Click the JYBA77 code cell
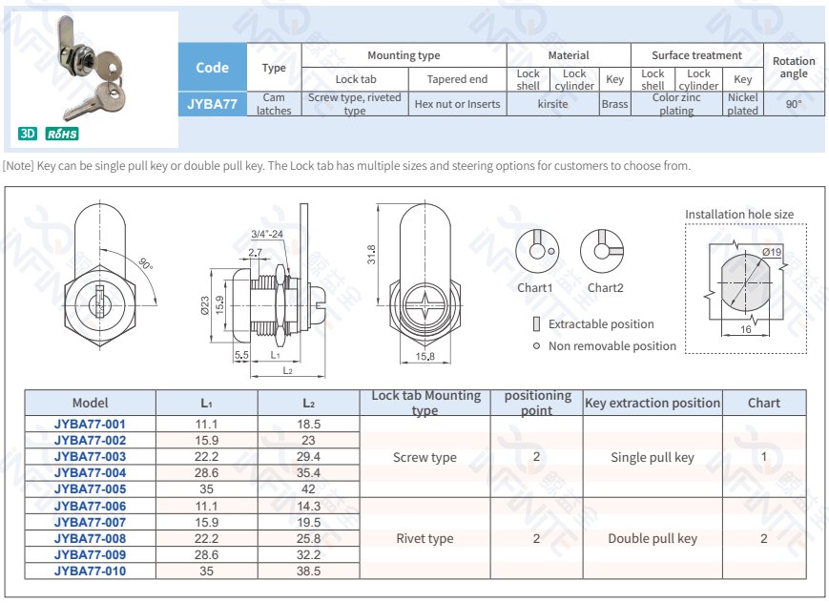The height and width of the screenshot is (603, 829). click(212, 103)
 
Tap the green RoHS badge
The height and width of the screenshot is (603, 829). click(62, 134)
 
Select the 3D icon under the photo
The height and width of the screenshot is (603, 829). click(28, 134)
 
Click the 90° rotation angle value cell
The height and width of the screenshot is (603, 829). click(794, 103)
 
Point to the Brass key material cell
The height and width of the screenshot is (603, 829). click(614, 104)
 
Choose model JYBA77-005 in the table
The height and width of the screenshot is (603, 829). click(90, 489)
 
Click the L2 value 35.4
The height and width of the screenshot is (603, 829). click(308, 473)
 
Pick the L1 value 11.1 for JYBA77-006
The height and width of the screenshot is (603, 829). click(207, 506)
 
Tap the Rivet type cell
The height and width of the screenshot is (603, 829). click(425, 539)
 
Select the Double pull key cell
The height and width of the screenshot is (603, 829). click(653, 539)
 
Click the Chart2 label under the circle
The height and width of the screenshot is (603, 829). click(605, 287)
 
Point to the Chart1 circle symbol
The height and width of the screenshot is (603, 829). click(534, 250)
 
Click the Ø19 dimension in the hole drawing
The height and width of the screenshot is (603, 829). click(772, 252)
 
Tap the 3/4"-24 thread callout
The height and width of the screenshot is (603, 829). click(267, 233)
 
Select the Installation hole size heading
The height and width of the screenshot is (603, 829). click(739, 215)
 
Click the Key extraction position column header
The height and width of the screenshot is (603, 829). click(653, 403)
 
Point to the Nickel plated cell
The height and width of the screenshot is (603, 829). click(742, 104)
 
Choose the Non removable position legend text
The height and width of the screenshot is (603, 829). click(612, 346)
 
